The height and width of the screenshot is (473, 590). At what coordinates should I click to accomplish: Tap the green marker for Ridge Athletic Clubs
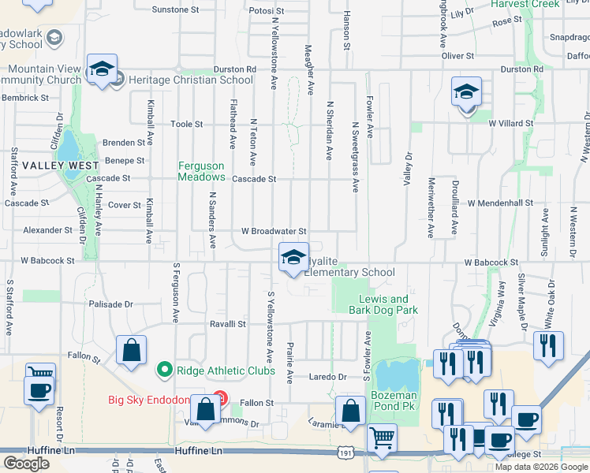coord(164,369)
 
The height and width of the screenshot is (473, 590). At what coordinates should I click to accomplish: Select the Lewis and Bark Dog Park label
coord(383,304)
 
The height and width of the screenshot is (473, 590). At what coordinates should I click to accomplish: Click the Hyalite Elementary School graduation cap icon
coord(293,257)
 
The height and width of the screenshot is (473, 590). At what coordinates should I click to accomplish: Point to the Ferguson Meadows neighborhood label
coord(201,171)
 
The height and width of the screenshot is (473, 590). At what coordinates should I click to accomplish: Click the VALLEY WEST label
coord(60,166)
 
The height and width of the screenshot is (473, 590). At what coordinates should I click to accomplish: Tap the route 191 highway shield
coord(345,453)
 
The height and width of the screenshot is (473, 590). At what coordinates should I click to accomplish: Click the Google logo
coord(26,464)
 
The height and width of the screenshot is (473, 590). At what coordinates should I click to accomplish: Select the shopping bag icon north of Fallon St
coord(131,351)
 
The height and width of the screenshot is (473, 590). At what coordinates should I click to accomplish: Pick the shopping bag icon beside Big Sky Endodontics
coord(206,409)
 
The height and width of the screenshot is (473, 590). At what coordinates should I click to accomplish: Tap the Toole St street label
coord(187,125)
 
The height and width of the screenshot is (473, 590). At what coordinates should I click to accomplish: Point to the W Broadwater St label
coord(273,232)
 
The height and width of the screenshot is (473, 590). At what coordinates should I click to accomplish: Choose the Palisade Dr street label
coord(111,304)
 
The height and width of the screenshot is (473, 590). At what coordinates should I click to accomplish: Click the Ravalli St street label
coord(228,324)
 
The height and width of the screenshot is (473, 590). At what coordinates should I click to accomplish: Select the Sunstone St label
coord(175,10)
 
